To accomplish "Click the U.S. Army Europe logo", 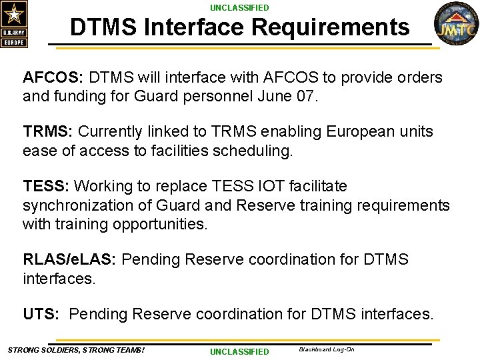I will click(14, 24).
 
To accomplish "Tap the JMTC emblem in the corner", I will click(456, 25).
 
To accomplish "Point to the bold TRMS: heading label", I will click(49, 132).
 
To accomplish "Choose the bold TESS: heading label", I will click(46, 186).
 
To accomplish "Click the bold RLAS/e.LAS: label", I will click(70, 259).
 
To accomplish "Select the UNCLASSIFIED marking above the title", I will click(239, 8).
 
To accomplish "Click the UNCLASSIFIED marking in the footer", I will click(239, 352).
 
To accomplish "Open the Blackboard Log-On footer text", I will click(327, 349).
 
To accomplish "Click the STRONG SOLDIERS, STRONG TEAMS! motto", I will click(76, 350).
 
